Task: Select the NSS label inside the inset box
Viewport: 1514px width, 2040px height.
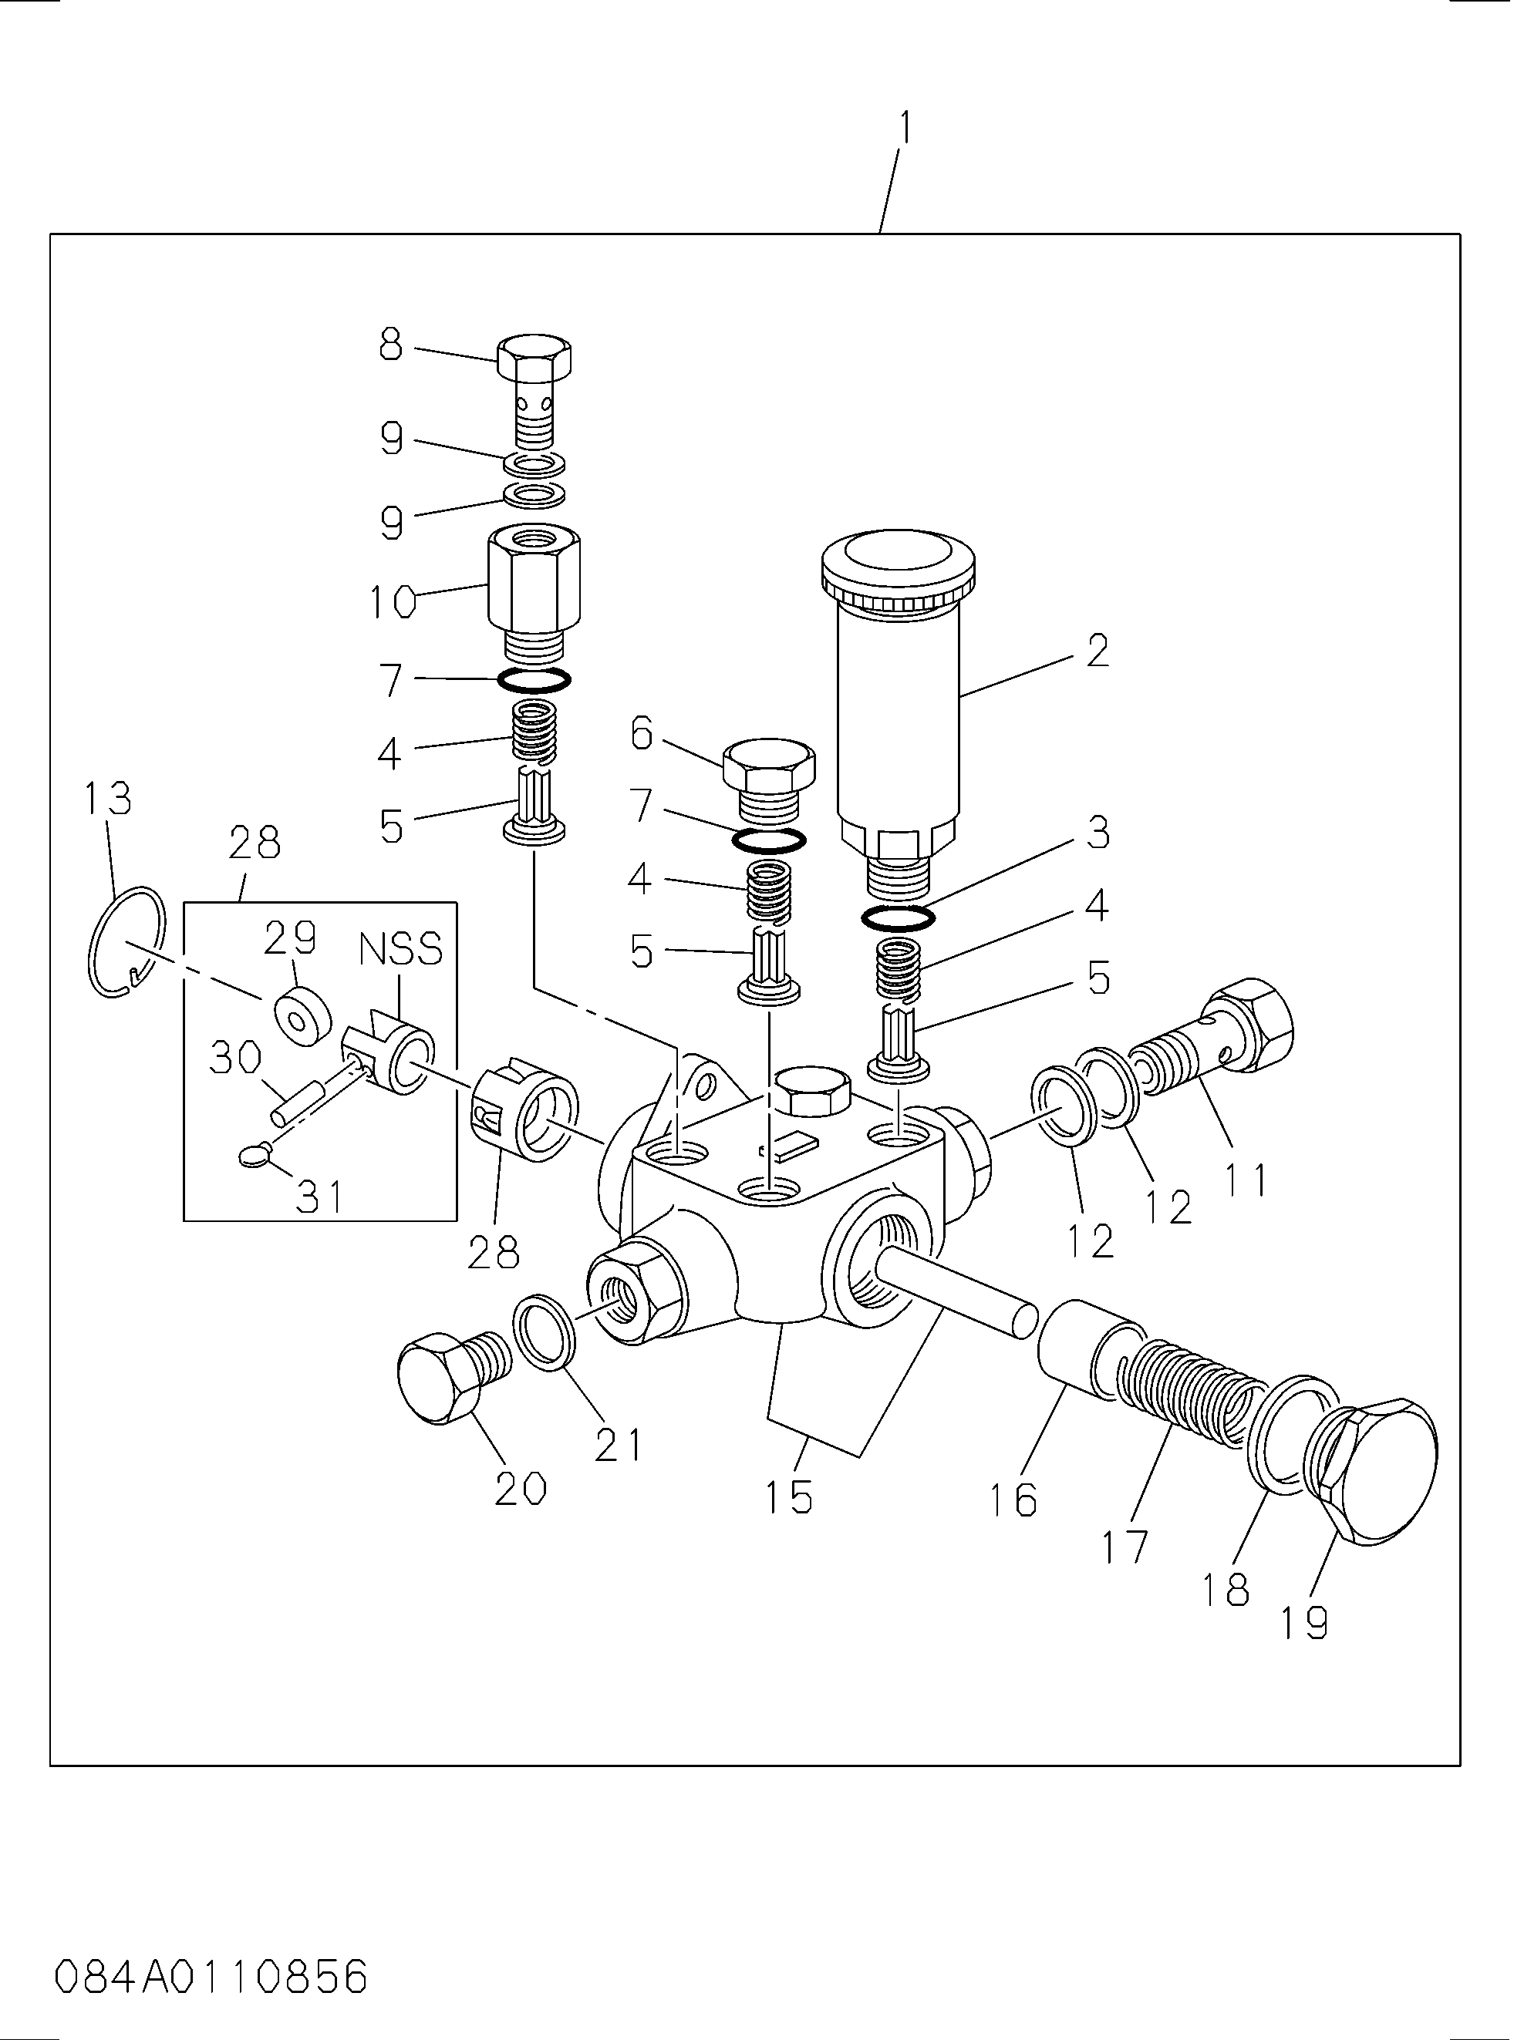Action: coord(400,950)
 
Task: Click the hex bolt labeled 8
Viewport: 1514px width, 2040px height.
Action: coord(535,359)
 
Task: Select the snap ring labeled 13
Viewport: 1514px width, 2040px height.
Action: coord(127,941)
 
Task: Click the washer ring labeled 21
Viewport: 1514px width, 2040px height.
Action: coord(545,1333)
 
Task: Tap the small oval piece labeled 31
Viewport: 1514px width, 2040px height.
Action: coord(253,1159)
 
